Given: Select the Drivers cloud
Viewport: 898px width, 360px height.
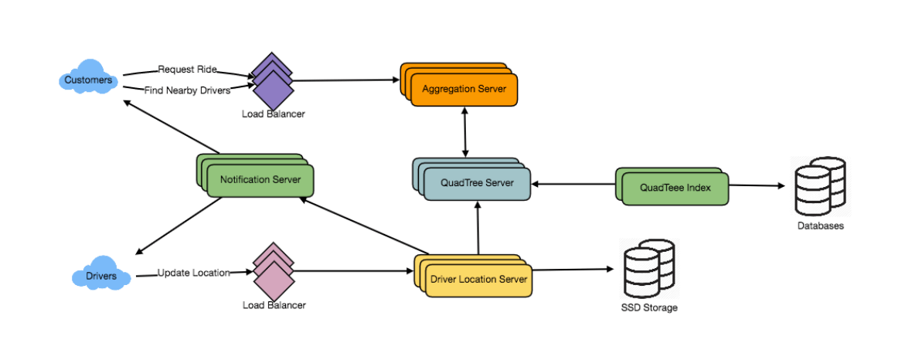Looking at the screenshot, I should [x=100, y=276].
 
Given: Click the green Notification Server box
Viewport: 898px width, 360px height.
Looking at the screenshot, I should [x=260, y=180].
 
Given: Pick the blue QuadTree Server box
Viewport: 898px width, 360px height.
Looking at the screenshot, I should [x=476, y=183].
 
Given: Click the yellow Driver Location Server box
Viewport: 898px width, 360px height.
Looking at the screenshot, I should [x=478, y=279].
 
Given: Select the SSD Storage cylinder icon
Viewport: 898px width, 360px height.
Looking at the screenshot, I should [x=648, y=270].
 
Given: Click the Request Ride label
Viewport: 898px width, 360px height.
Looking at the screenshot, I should [x=187, y=70].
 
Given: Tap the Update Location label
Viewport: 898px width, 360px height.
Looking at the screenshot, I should [x=194, y=273].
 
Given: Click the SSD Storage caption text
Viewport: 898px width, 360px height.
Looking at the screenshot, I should [x=649, y=307].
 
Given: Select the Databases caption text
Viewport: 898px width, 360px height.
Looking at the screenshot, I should [x=821, y=226].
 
